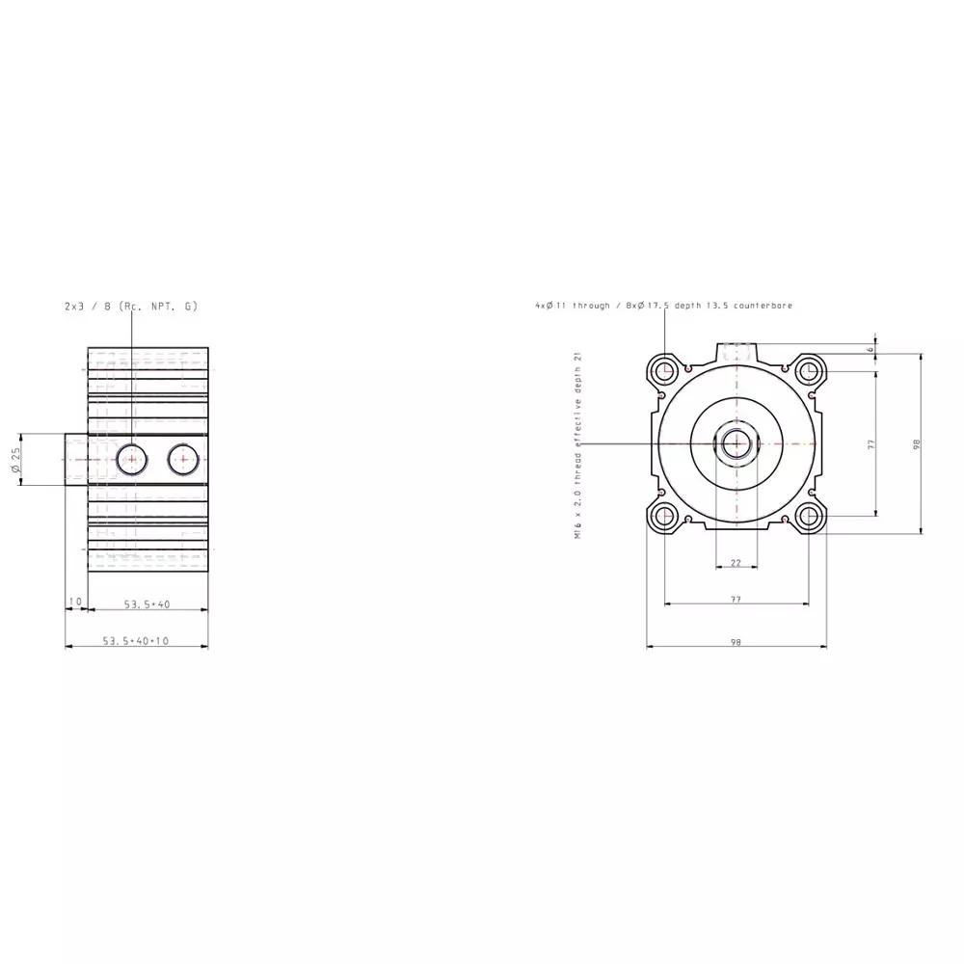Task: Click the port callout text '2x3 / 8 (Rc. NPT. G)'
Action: coord(130,306)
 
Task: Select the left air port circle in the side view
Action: coord(131,459)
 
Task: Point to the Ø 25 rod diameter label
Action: coord(16,460)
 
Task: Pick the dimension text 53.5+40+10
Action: coord(135,640)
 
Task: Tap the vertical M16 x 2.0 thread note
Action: coord(577,444)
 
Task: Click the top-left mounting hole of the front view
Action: coord(663,370)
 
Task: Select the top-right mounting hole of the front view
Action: coord(809,370)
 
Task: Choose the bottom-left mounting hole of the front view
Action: coord(663,517)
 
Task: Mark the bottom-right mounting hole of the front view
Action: coord(809,517)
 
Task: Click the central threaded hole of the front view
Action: coord(736,443)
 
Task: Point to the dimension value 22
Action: coord(736,562)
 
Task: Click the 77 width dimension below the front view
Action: coord(736,599)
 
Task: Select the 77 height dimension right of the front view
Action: coord(870,443)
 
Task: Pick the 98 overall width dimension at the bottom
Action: coord(736,640)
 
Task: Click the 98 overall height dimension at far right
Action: coord(917,443)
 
